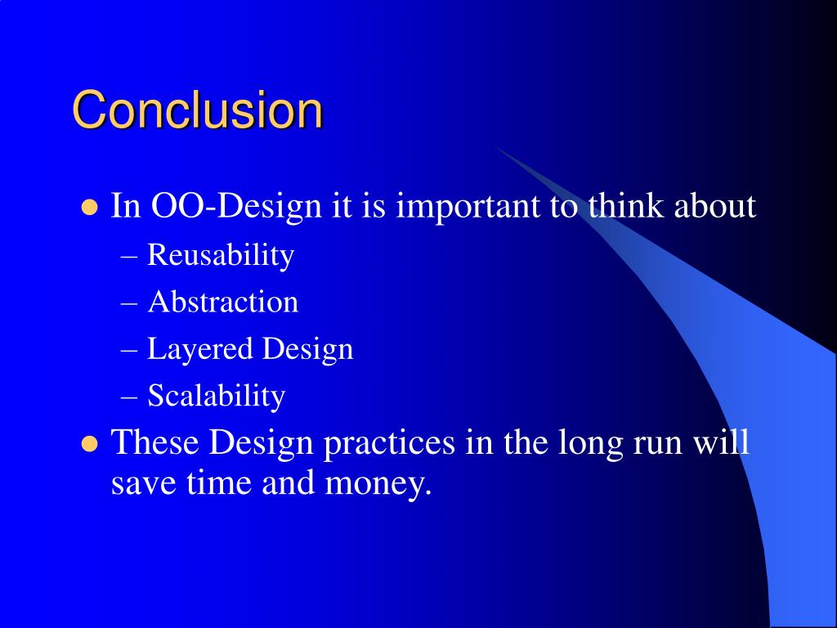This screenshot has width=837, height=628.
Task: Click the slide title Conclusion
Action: pos(198,110)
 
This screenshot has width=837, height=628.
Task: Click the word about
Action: pos(714,205)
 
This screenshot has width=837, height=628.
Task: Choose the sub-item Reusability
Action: pos(221,255)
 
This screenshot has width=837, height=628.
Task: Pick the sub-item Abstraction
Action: pos(222,302)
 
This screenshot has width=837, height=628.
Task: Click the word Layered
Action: pos(200,350)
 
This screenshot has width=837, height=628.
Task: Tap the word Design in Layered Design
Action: pos(307,350)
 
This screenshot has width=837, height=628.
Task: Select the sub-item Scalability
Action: pos(216,397)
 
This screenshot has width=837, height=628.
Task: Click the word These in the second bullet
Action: pos(154,442)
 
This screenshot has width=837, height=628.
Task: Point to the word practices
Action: pos(390,444)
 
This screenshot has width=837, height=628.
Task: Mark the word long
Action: pos(590,444)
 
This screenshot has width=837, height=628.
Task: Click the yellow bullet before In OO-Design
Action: pos(90,208)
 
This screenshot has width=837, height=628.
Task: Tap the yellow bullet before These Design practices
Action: pos(90,444)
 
